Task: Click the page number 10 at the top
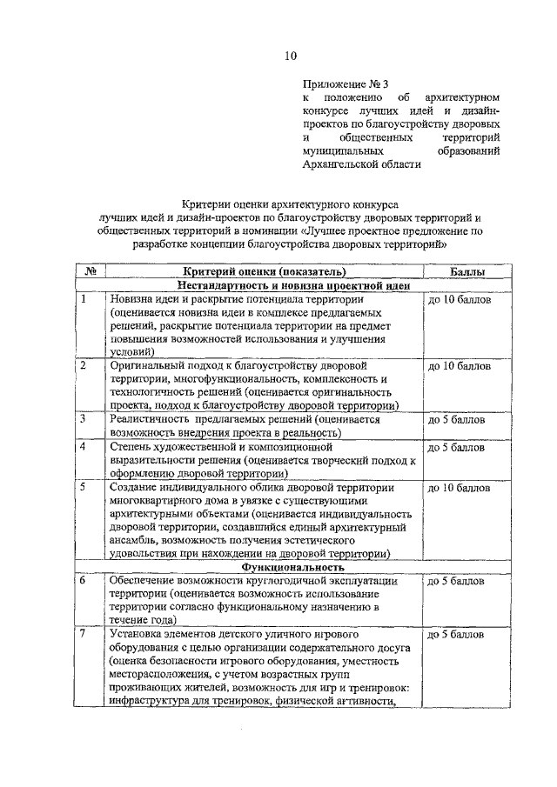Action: click(x=290, y=57)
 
